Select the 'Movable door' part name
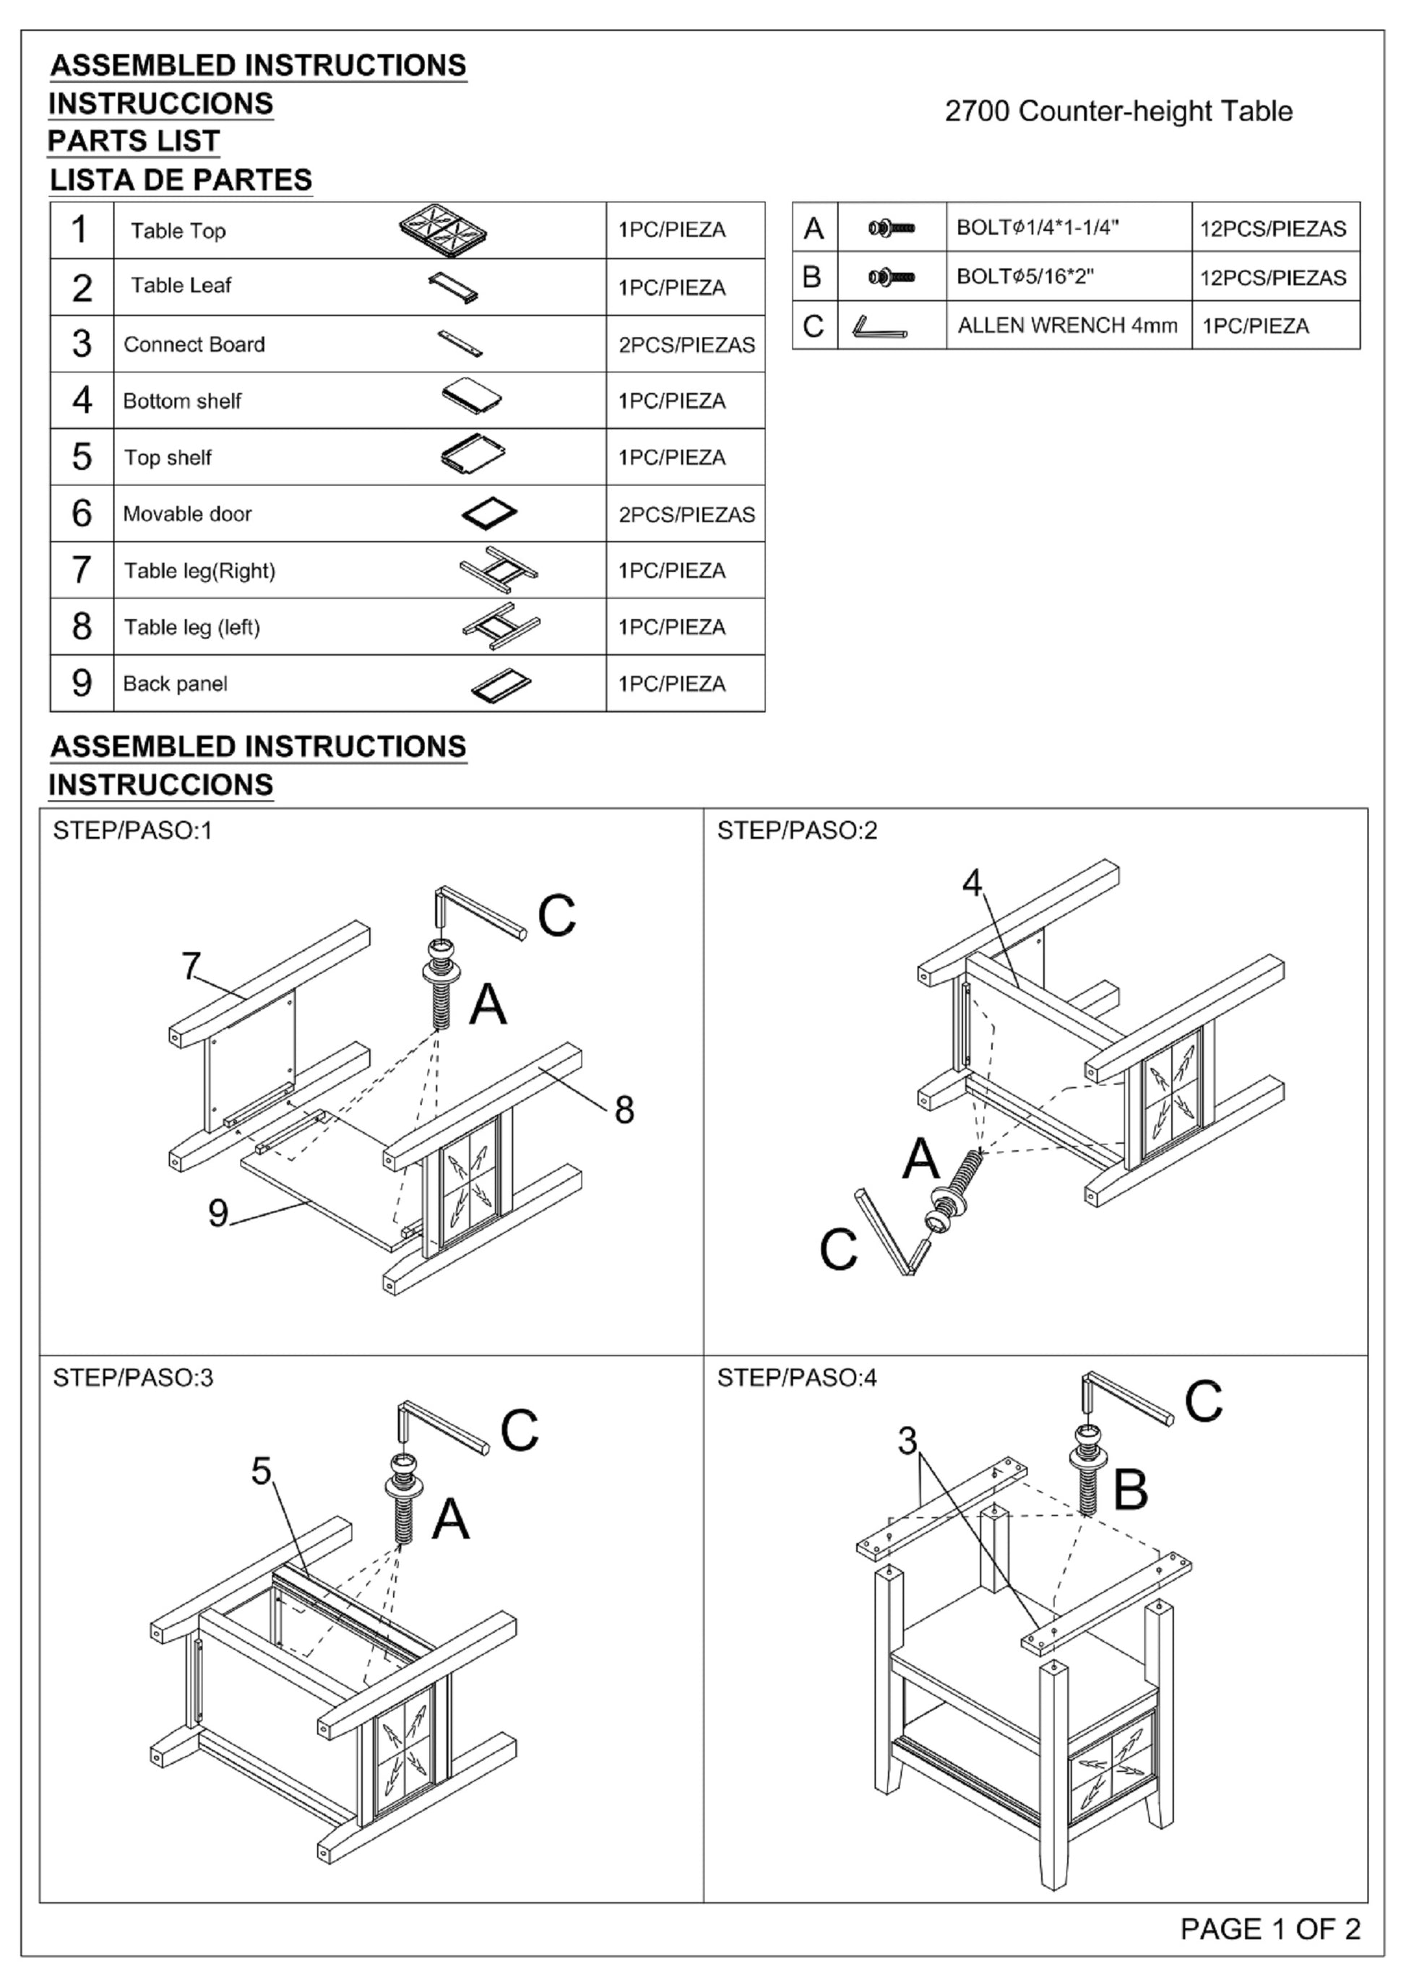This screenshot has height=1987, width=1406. [x=187, y=514]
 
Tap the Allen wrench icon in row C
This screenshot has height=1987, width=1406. [x=879, y=327]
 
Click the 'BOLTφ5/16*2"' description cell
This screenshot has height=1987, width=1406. [x=1025, y=277]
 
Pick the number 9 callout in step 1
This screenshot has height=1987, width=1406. [x=218, y=1212]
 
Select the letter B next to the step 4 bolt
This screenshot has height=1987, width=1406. [x=1130, y=1490]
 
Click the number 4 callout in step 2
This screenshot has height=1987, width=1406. [x=972, y=883]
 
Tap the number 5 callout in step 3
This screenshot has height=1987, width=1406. [x=262, y=1470]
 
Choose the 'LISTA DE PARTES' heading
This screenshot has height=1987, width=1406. [x=180, y=180]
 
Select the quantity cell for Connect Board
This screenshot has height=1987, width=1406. [x=686, y=344]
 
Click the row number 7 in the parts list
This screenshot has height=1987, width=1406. [x=82, y=570]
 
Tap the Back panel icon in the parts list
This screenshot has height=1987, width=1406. [x=501, y=684]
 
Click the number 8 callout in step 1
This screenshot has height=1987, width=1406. [x=624, y=1110]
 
